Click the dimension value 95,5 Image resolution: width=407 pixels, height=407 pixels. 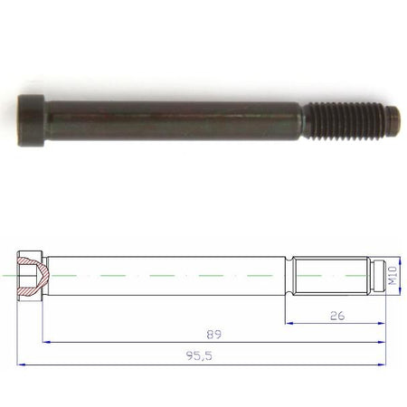199,356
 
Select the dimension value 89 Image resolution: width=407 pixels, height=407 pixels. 214,335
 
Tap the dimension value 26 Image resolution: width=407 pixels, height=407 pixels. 337,316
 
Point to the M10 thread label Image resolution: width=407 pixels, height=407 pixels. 393,275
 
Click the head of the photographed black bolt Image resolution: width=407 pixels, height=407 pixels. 31,120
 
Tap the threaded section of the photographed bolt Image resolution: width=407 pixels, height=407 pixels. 344,121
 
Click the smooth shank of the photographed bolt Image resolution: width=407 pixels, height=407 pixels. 174,120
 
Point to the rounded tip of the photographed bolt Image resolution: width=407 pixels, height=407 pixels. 393,121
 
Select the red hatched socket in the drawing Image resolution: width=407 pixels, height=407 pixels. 33,276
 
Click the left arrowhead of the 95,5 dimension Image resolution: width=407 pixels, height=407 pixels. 21,364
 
